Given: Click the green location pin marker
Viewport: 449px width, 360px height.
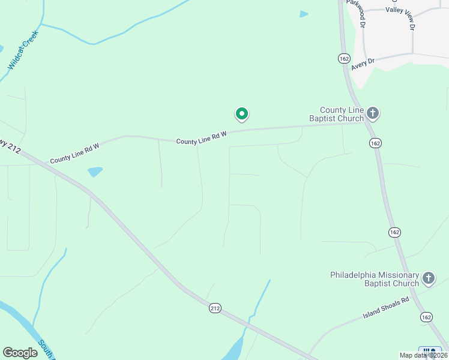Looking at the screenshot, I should tap(241, 113).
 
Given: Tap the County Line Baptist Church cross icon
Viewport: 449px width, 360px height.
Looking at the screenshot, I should tap(373, 113).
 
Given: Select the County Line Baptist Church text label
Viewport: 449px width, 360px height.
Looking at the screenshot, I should tap(337, 114).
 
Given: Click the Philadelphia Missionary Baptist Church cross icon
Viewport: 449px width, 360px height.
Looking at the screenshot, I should tap(428, 278).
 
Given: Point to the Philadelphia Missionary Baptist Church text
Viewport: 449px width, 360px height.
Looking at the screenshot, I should tap(375, 279).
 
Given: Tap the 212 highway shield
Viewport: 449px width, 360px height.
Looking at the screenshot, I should tap(215, 308).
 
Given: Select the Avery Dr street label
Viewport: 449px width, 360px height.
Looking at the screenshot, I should tap(363, 62).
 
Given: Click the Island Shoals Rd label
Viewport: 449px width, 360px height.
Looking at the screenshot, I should tap(386, 307).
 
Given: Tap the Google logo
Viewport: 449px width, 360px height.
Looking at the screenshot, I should tap(20, 353).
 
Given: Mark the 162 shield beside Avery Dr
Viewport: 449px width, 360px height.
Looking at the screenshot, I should tap(343, 58).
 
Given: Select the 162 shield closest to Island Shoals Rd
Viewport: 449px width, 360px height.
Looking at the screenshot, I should tap(426, 317).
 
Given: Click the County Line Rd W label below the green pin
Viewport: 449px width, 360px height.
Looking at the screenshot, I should tap(201, 137).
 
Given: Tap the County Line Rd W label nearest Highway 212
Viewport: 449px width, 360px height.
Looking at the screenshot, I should tap(74, 152).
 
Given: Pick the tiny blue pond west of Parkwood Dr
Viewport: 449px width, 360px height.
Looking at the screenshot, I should tap(304, 14).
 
